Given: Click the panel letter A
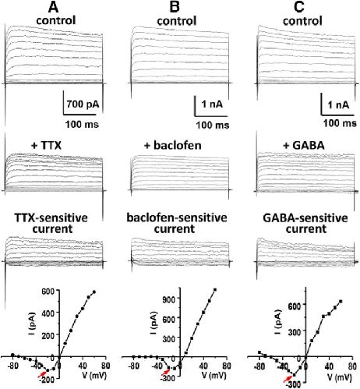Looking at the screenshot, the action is [x=53, y=8].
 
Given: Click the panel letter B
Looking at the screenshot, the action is [x=175, y=8].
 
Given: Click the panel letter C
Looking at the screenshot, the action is [x=299, y=8].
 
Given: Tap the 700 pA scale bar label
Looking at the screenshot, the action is [x=83, y=104].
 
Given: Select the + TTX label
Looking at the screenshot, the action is [x=46, y=145].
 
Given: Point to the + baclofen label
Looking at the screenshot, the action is [x=173, y=145].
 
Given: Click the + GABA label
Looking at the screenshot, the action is [x=304, y=145].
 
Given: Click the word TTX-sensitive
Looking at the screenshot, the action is [x=51, y=217].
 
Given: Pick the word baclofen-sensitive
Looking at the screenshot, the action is [x=177, y=217].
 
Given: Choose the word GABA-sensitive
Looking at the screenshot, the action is [x=305, y=217].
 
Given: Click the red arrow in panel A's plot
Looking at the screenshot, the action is [x=42, y=374].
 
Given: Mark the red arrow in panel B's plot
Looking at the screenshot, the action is [x=165, y=373].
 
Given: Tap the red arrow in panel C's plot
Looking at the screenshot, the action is [x=288, y=379].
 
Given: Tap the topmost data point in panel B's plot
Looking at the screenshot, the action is [x=215, y=290].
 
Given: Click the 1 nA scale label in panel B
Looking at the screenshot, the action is [x=212, y=104].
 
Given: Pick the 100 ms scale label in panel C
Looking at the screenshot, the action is [x=340, y=122].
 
